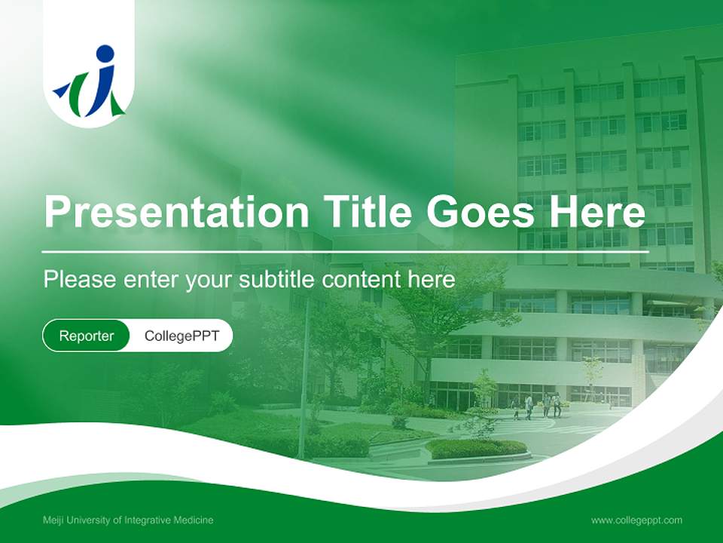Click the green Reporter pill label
point(87,336)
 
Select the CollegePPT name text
point(182,336)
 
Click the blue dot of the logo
point(105,54)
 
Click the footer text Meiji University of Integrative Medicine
point(128,520)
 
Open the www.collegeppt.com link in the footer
point(636,520)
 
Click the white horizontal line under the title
point(345,251)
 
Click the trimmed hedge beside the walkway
point(476,448)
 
